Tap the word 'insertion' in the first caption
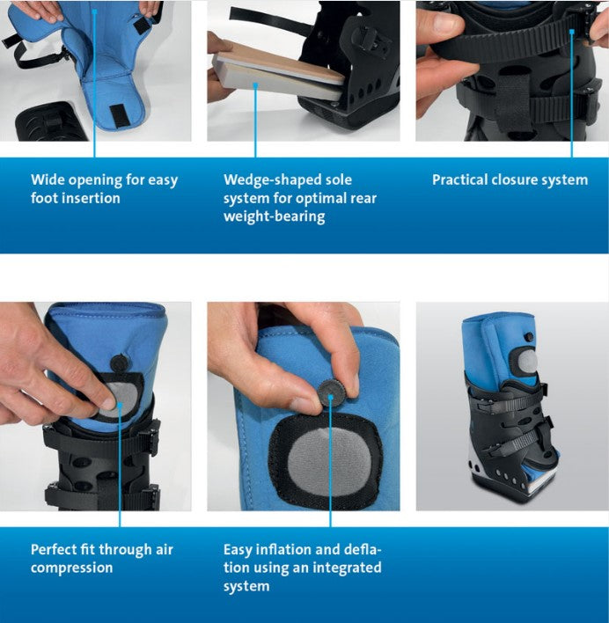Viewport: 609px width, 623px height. point(96,198)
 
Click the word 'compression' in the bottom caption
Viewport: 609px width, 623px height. point(71,568)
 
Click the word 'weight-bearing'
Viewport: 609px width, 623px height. point(274,216)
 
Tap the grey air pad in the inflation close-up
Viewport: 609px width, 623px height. point(329,463)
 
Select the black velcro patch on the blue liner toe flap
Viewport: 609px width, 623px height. point(118,116)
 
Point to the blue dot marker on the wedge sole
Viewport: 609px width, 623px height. point(255,84)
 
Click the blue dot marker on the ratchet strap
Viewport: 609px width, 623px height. point(572,32)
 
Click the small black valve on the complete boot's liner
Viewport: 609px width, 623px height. point(529,337)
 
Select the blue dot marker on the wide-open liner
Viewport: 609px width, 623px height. point(94,11)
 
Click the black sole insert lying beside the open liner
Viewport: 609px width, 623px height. point(50,122)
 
